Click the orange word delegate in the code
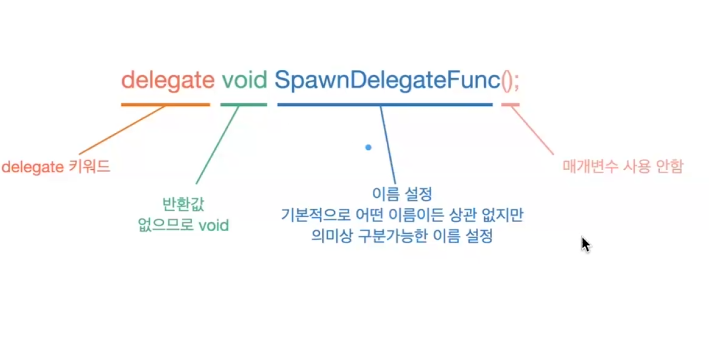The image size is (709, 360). pyautogui.click(x=166, y=80)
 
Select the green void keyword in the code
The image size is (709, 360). pyautogui.click(x=244, y=80)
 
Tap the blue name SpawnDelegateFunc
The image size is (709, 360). pyautogui.click(x=385, y=80)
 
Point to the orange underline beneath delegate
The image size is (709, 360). pyautogui.click(x=166, y=104)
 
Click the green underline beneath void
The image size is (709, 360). pyautogui.click(x=244, y=104)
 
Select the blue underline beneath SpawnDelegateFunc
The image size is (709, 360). pyautogui.click(x=385, y=104)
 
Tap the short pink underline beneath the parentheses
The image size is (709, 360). pyautogui.click(x=511, y=104)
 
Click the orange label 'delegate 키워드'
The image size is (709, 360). pyautogui.click(x=56, y=166)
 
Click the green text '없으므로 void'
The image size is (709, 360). pyautogui.click(x=184, y=225)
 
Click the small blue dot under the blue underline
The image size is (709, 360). pyautogui.click(x=368, y=148)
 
